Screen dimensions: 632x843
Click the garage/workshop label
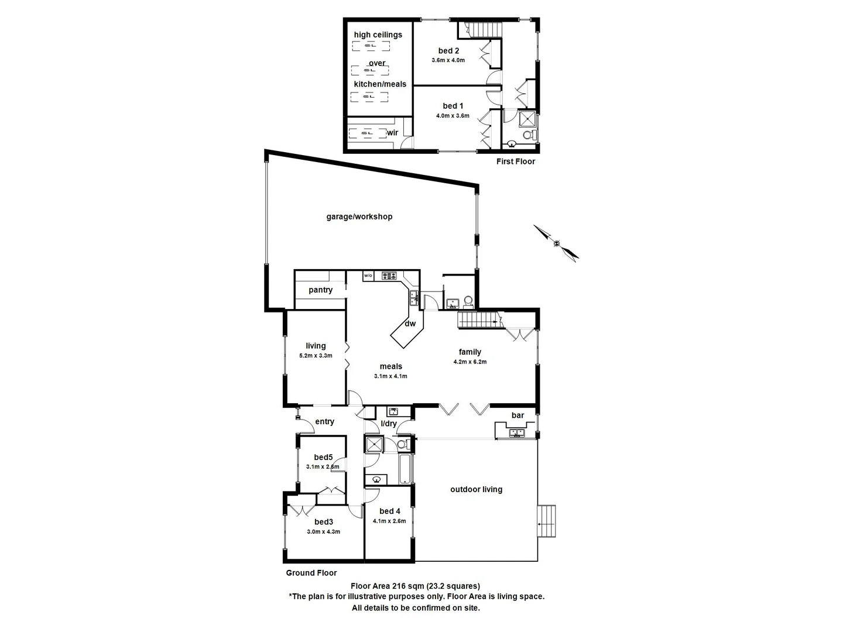(359, 217)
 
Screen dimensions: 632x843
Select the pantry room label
(320, 290)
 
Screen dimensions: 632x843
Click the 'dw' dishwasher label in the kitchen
(410, 324)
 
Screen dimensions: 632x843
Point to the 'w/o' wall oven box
(368, 276)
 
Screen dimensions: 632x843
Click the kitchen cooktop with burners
(389, 276)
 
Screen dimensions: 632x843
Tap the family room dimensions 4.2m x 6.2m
(470, 362)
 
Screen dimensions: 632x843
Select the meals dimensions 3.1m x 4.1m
(390, 376)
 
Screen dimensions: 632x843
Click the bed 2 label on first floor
(448, 51)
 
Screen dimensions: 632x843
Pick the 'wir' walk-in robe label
(392, 133)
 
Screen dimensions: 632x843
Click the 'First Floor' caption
(515, 162)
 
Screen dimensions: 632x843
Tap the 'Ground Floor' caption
(311, 573)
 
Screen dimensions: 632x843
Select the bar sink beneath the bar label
(516, 433)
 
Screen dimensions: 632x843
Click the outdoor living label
(476, 489)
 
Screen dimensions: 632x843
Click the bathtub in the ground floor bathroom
(406, 468)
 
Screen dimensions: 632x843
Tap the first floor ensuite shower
(527, 119)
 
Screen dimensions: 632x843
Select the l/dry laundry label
(389, 424)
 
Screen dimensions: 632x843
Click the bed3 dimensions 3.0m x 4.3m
(323, 532)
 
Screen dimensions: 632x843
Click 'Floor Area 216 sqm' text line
(415, 586)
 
